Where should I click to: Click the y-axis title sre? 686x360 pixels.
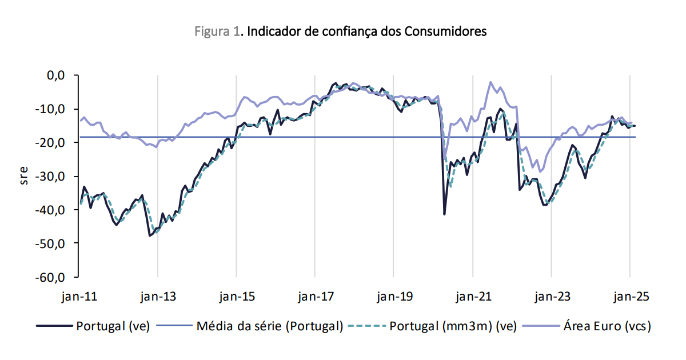(x=24, y=176)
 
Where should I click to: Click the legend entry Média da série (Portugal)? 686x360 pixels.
(x=269, y=326)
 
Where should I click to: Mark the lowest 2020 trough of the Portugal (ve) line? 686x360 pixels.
(x=444, y=214)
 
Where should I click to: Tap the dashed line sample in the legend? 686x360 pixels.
(x=369, y=326)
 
